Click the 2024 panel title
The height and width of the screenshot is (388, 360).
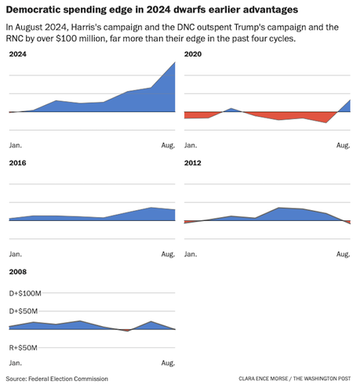(16, 54)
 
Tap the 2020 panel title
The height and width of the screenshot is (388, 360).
(192, 54)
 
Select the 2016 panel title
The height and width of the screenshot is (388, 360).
(16, 163)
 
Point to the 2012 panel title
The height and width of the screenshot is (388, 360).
(192, 163)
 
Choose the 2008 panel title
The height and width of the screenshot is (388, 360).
(16, 271)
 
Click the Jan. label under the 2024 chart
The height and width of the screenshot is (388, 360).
(15, 146)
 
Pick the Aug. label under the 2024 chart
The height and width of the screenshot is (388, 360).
(168, 146)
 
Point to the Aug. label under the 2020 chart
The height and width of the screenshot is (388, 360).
(343, 146)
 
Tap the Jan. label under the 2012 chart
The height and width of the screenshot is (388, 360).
(190, 254)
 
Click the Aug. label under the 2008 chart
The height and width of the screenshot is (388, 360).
(168, 363)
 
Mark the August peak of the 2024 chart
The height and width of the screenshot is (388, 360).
(175, 63)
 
